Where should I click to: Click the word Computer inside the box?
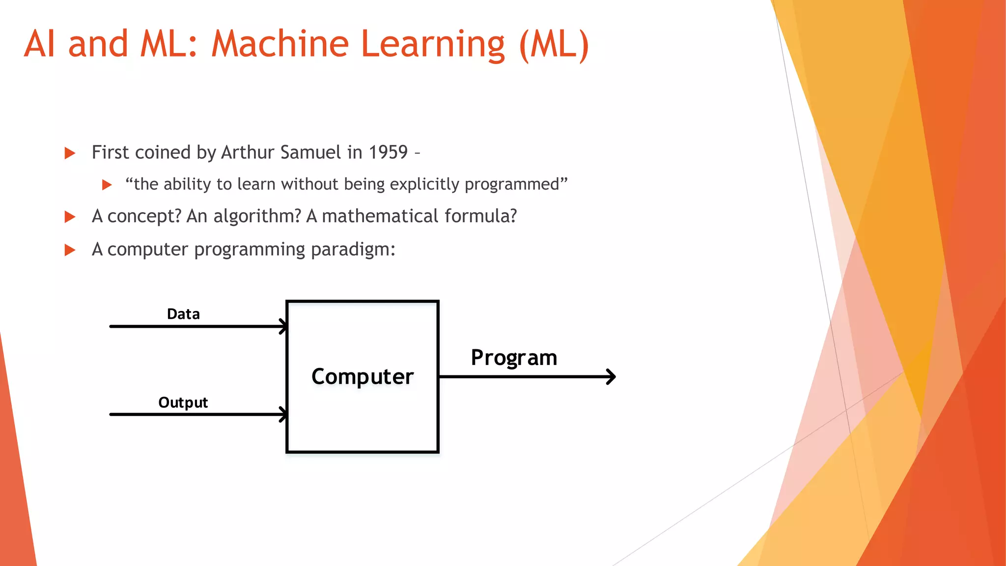click(x=363, y=377)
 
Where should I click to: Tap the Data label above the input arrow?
click(x=183, y=314)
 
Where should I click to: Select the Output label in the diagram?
click(x=183, y=403)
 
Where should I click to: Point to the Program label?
click(x=514, y=358)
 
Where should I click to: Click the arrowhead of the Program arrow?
click(x=612, y=377)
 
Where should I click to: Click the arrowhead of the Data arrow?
click(x=283, y=326)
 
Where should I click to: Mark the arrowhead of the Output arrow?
click(x=283, y=414)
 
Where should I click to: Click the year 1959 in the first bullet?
click(x=388, y=152)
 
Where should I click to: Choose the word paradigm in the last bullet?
click(x=353, y=250)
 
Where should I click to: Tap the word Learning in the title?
click(x=433, y=44)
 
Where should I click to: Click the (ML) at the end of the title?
click(x=554, y=44)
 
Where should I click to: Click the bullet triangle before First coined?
click(x=70, y=153)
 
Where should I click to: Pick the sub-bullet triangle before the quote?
click(x=107, y=185)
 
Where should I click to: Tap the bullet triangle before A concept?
click(x=70, y=217)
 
